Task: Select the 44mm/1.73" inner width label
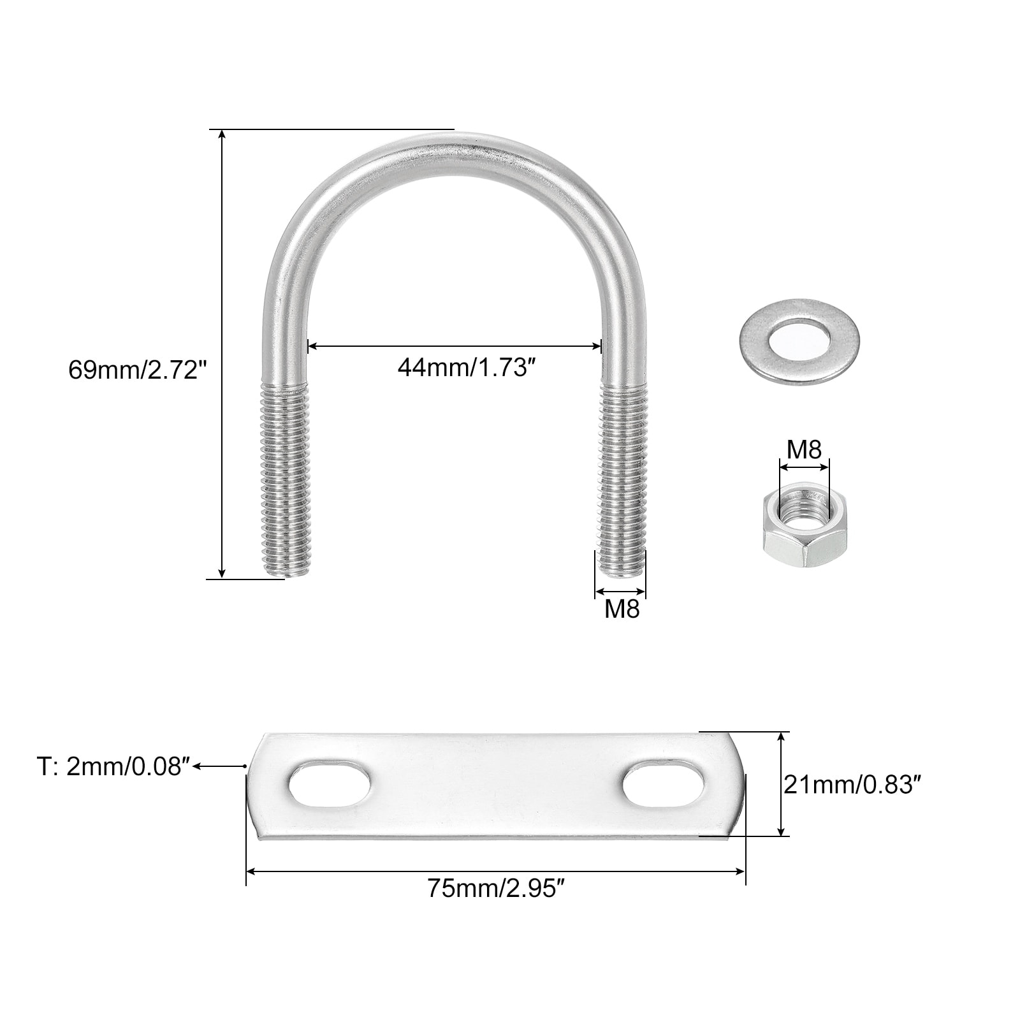[465, 368]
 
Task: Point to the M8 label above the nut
[804, 450]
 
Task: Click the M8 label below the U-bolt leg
[622, 609]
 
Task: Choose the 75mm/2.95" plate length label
[496, 889]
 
